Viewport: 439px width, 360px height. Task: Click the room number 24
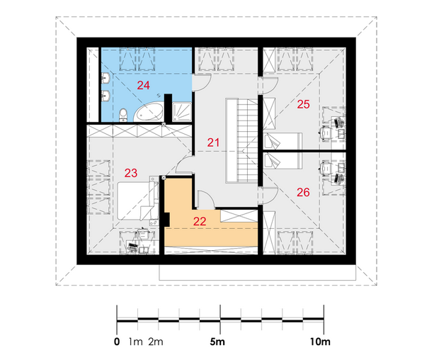click(143, 85)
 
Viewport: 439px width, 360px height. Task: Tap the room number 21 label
click(213, 142)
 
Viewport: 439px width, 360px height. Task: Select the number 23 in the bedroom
click(131, 173)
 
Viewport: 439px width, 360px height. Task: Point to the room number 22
click(200, 221)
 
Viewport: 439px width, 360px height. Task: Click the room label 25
click(304, 104)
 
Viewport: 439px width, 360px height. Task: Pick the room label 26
click(303, 192)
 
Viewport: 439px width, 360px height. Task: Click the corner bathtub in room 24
click(149, 113)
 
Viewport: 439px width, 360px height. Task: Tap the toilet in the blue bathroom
click(123, 115)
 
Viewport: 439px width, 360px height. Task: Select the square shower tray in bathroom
click(182, 112)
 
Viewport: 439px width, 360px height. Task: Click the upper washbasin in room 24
click(106, 78)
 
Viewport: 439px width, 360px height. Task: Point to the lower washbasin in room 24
click(106, 96)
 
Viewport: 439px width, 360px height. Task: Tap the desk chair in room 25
click(326, 132)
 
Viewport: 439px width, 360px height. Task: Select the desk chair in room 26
click(326, 168)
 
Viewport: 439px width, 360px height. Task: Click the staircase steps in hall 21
click(248, 140)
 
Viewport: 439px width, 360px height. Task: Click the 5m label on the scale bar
click(217, 342)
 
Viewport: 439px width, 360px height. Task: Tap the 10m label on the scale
click(320, 342)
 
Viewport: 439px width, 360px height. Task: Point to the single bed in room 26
click(283, 161)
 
